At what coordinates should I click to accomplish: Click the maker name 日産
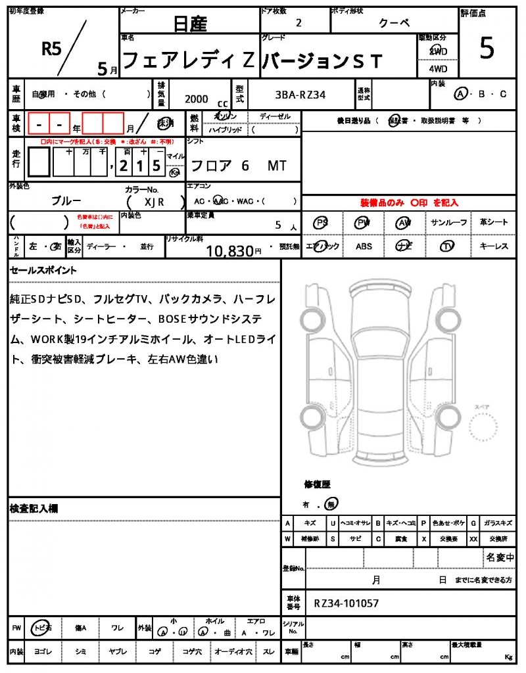coord(190,24)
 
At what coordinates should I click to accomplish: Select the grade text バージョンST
coord(322,61)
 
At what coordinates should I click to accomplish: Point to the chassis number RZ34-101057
coord(346,603)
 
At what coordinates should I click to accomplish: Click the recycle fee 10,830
coord(230,250)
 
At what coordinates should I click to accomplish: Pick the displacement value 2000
coord(197,99)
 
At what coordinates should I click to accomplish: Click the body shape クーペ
coord(394,23)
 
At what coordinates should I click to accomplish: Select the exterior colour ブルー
coord(66,200)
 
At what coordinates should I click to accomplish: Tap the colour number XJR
coord(154,202)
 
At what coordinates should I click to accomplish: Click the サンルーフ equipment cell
coord(449,223)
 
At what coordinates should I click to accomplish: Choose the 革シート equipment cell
coord(494,223)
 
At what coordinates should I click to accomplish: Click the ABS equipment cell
coord(364,246)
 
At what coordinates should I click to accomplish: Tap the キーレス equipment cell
coord(494,246)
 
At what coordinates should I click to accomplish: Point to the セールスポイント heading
coord(43,270)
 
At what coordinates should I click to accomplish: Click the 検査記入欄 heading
coord(34,509)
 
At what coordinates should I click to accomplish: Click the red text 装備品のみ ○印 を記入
coord(409,203)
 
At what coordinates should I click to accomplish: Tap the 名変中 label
coord(500,558)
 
